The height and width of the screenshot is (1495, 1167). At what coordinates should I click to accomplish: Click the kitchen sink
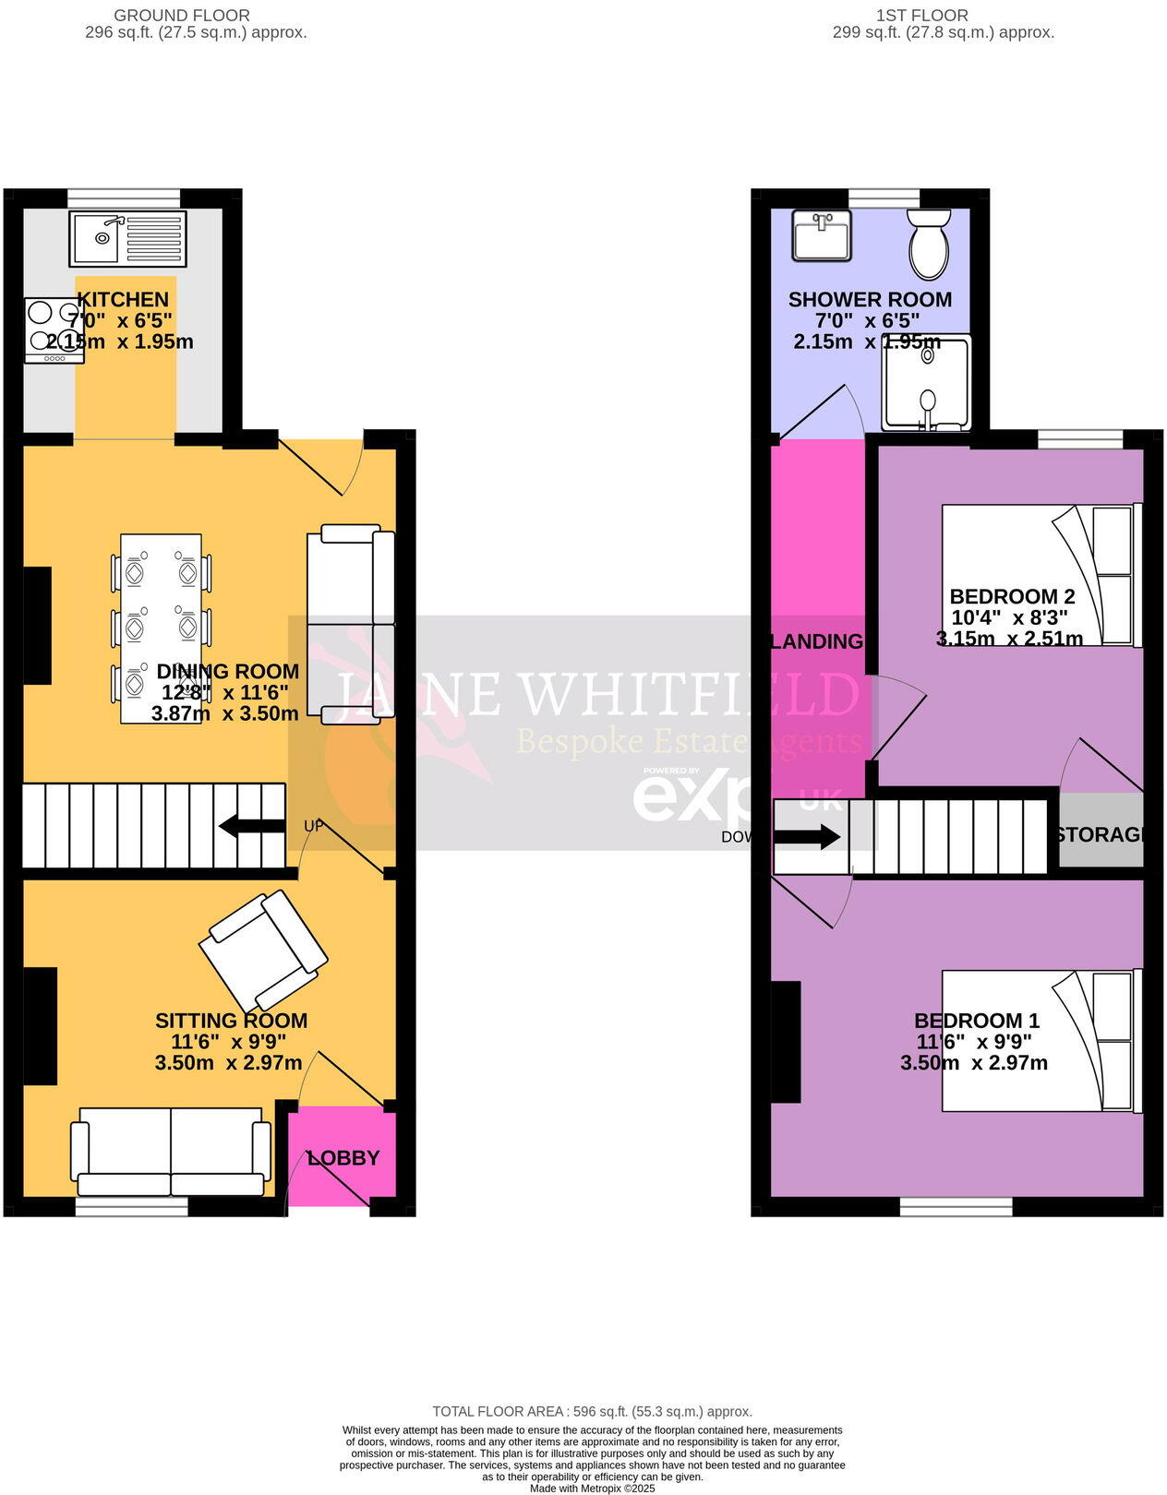127,238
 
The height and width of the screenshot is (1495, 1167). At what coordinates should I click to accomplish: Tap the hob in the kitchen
54,330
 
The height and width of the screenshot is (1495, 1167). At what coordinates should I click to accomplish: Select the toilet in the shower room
929,242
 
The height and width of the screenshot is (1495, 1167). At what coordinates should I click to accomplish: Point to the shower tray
926,383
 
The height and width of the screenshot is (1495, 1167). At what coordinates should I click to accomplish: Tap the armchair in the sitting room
263,951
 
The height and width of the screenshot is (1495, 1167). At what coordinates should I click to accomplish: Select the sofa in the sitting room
172,1152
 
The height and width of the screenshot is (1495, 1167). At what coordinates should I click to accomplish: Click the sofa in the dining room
357,624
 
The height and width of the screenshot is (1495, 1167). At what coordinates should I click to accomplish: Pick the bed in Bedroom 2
1041,574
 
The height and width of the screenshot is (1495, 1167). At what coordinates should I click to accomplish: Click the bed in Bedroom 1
1041,1040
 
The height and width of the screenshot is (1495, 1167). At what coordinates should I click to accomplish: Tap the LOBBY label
343,1157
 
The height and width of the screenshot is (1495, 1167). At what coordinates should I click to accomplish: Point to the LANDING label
817,641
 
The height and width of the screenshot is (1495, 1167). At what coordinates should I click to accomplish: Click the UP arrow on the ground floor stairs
252,826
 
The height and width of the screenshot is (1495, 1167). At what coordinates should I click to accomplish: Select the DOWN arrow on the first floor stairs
806,837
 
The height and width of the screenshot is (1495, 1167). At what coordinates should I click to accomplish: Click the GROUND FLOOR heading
181,16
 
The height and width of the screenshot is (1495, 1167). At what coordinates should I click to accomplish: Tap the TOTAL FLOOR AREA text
592,1411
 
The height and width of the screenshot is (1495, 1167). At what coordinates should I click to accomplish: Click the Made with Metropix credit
592,1488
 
